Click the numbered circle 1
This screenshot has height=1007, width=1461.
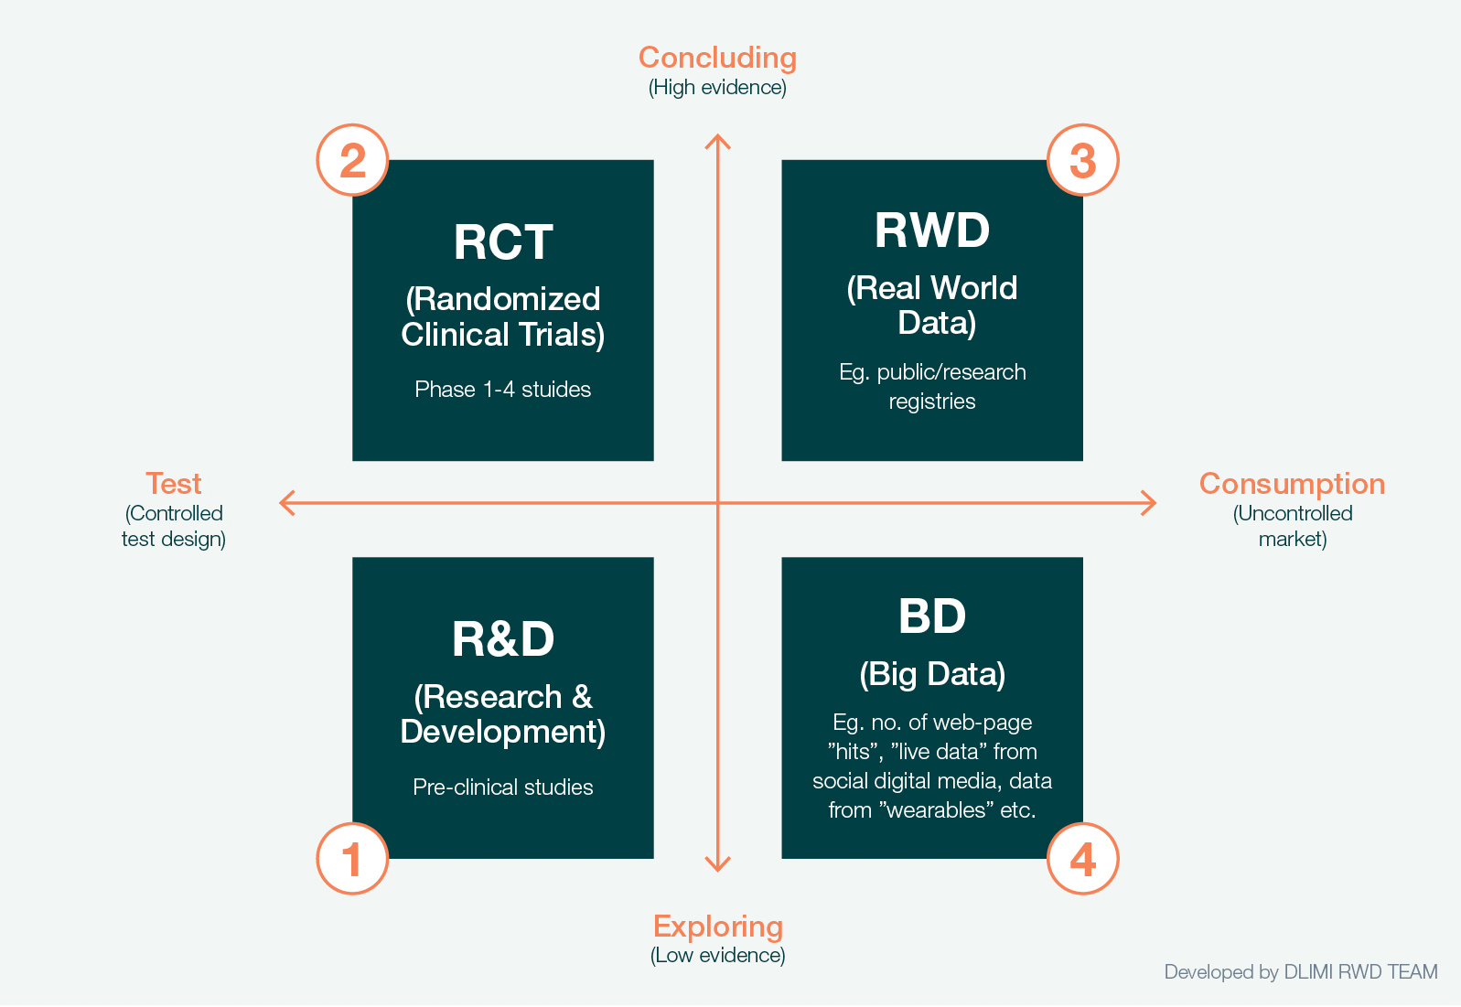click(x=352, y=858)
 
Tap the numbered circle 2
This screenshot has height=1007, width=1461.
click(x=352, y=160)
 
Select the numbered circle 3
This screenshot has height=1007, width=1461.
click(x=1082, y=160)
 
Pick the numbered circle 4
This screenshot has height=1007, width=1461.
click(x=1082, y=858)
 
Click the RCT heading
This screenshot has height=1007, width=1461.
click(x=503, y=242)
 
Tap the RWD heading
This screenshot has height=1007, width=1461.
click(x=932, y=230)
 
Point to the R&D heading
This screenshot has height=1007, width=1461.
click(x=503, y=639)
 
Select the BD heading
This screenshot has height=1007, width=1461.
click(x=932, y=616)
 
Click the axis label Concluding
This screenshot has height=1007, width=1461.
click(x=717, y=58)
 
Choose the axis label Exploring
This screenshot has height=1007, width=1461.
click(x=718, y=927)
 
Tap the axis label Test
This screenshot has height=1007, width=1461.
click(x=174, y=484)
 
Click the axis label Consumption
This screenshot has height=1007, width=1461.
click(x=1292, y=484)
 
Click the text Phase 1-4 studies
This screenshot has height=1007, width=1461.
click(x=503, y=390)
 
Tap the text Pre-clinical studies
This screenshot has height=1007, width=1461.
click(x=503, y=787)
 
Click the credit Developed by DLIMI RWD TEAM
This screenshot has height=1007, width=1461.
click(x=1301, y=971)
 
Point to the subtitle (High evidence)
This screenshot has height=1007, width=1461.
click(x=717, y=88)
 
